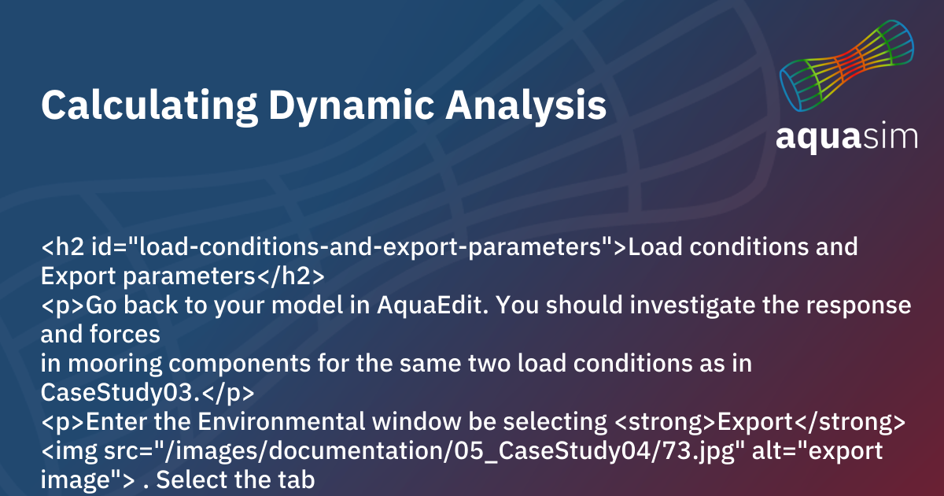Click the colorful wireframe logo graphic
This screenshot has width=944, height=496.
(847, 66)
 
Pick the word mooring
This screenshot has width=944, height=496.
(115, 364)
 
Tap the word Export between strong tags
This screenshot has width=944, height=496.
(754, 421)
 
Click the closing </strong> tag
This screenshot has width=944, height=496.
(849, 421)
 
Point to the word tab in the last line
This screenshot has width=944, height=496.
(297, 479)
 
